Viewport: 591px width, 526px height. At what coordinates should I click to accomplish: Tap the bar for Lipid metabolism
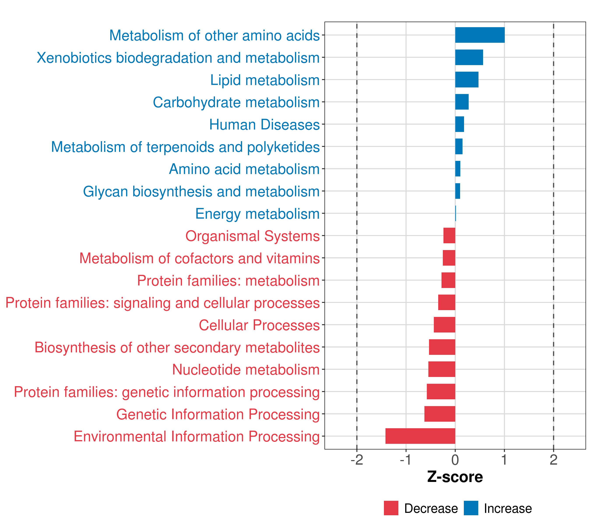(467, 80)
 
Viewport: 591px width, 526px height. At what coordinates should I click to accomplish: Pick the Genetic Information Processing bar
(440, 414)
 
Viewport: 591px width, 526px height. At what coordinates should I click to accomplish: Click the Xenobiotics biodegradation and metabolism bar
(469, 57)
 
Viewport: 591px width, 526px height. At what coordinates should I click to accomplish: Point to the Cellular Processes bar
(444, 325)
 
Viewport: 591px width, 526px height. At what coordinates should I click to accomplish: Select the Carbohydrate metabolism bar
(462, 102)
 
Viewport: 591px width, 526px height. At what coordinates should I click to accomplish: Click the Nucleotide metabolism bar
(441, 369)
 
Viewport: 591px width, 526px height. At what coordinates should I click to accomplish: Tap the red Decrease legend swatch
(391, 508)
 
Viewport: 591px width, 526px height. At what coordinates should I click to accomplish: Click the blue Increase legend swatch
(471, 508)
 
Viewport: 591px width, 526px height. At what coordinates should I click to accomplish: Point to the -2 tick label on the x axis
(357, 460)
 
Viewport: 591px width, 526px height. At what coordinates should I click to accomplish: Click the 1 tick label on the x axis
(504, 460)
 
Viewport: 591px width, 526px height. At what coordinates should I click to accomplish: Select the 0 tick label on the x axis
(455, 460)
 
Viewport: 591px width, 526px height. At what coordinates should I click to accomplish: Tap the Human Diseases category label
(264, 125)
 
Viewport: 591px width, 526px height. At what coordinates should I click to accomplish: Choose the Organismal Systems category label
(252, 236)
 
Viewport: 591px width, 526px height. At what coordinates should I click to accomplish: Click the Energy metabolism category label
(257, 214)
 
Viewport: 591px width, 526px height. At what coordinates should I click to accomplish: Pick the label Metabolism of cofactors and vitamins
(199, 258)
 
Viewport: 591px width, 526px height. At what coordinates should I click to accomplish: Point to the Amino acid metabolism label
(244, 169)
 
